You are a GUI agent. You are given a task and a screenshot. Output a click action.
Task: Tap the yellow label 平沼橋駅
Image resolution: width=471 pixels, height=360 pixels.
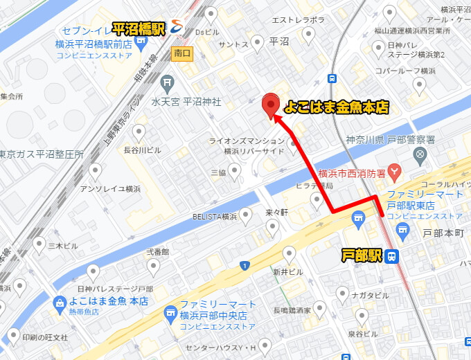point(139,29)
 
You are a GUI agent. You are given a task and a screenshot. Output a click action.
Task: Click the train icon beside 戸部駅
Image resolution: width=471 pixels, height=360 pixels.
point(392,256)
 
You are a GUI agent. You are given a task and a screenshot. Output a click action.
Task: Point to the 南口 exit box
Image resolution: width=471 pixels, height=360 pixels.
point(182,53)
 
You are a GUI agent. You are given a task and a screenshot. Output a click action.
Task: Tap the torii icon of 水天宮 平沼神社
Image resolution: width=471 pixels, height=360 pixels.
point(167,84)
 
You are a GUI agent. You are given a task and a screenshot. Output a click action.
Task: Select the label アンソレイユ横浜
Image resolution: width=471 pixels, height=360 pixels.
point(110,188)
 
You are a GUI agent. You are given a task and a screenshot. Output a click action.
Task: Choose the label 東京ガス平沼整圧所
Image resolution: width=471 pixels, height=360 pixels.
point(42,154)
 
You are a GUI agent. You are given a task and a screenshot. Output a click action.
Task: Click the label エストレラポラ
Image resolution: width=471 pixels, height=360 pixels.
point(301,20)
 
